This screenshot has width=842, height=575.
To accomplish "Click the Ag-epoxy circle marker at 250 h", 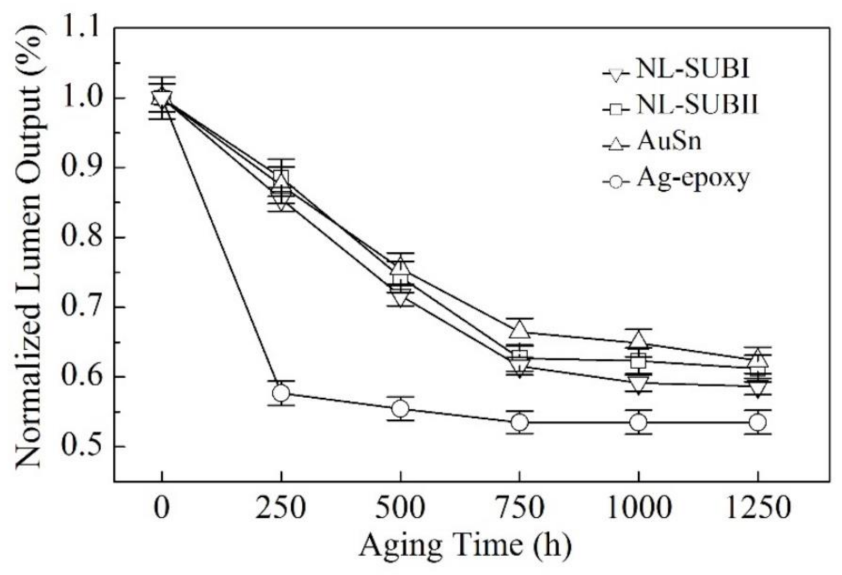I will pyautogui.click(x=281, y=393).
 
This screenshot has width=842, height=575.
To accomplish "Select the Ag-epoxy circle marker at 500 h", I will pyautogui.click(x=400, y=409).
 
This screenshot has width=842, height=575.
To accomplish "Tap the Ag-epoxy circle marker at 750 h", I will pyautogui.click(x=519, y=422).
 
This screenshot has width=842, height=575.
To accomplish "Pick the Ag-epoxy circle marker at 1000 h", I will pyautogui.click(x=638, y=422).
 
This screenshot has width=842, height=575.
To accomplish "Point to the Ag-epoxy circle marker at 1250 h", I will pyautogui.click(x=757, y=422).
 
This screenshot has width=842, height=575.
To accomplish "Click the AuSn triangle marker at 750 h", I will pyautogui.click(x=519, y=329).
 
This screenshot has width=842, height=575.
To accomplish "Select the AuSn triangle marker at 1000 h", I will pyautogui.click(x=638, y=340).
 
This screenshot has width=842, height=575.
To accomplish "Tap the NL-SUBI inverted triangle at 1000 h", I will pyautogui.click(x=638, y=384).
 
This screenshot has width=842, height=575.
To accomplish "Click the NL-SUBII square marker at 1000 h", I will pyautogui.click(x=638, y=361).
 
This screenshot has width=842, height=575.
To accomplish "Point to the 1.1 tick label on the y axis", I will pyautogui.click(x=81, y=28).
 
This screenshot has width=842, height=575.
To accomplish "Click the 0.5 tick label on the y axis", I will pyautogui.click(x=81, y=447).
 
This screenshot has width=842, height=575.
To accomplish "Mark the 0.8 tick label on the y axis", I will pyautogui.click(x=81, y=237).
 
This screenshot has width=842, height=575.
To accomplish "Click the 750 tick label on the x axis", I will pyautogui.click(x=519, y=507).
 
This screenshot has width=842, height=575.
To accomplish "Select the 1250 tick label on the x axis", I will pyautogui.click(x=757, y=507).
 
